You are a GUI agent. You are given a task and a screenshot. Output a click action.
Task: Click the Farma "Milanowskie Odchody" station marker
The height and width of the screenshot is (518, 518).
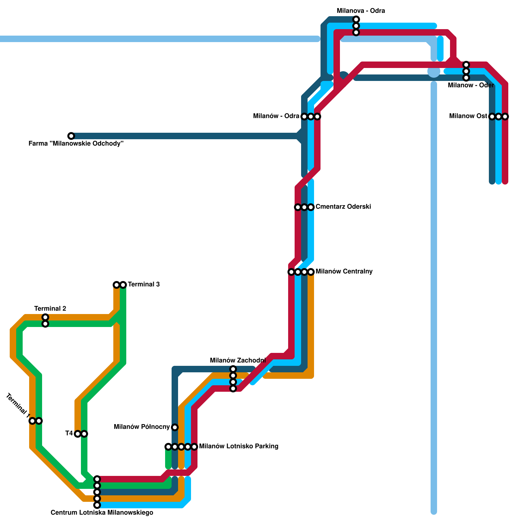(x=71, y=136)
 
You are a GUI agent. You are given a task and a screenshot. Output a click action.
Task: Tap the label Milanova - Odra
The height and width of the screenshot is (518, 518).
(x=361, y=11)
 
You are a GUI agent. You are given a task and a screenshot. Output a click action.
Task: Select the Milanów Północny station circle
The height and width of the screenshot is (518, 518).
(x=175, y=427)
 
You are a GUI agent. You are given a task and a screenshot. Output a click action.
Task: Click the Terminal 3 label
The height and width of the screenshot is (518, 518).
(x=144, y=285)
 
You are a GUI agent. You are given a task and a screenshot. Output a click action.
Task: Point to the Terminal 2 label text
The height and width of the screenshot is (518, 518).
(x=50, y=309)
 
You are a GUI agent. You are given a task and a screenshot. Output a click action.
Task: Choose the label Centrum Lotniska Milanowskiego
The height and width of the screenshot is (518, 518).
(x=102, y=513)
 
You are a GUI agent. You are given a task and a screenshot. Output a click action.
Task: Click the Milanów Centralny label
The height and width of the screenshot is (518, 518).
(x=344, y=272)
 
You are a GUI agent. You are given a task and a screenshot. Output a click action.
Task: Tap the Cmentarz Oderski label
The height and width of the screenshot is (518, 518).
(x=343, y=207)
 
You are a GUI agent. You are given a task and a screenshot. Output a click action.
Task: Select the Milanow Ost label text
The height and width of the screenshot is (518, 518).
(x=468, y=116)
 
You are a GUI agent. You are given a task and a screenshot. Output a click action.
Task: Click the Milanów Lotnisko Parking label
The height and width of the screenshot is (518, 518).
(x=239, y=446)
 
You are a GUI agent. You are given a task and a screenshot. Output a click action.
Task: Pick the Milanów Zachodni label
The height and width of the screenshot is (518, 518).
(x=238, y=361)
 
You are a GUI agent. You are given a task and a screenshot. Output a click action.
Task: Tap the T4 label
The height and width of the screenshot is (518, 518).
(x=69, y=434)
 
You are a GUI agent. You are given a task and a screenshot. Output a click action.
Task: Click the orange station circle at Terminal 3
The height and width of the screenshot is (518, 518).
(x=117, y=285)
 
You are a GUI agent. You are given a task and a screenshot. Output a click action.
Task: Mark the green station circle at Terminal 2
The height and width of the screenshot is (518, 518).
(x=45, y=324)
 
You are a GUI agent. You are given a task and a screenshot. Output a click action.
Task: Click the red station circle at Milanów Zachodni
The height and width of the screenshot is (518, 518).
(x=233, y=388)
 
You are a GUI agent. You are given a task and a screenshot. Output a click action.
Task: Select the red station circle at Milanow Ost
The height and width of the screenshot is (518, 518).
(x=505, y=117)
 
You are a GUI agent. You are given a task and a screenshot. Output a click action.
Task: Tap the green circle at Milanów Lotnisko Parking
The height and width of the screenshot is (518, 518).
(x=168, y=447)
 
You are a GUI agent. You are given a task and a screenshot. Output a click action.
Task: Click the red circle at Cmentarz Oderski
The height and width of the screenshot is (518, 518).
(x=298, y=207)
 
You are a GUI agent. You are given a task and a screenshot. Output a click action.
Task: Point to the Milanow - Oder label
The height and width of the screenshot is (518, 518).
(x=471, y=85)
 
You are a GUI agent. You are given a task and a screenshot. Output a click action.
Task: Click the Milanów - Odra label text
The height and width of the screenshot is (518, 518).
(x=276, y=116)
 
